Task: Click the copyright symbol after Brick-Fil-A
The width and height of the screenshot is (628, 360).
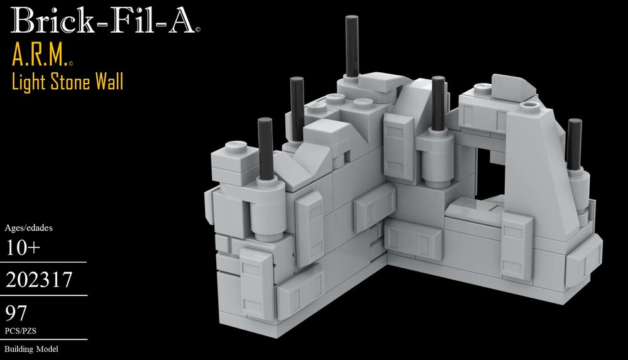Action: point(198,29)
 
